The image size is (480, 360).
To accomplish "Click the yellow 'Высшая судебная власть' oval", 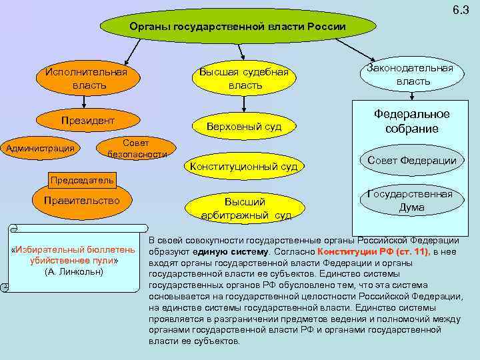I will pyautogui.click(x=241, y=79).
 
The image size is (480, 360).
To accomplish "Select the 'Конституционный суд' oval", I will pyautogui.click(x=243, y=165).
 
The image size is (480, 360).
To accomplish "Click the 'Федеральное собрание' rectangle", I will pyautogui.click(x=411, y=121).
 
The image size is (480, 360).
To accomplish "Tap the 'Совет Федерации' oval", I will pyautogui.click(x=411, y=161).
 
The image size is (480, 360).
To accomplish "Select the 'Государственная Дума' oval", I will pyautogui.click(x=410, y=201).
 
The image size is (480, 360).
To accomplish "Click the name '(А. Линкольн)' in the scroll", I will pyautogui.click(x=74, y=273).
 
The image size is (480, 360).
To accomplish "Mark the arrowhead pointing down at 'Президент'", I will pyautogui.click(x=84, y=105).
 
